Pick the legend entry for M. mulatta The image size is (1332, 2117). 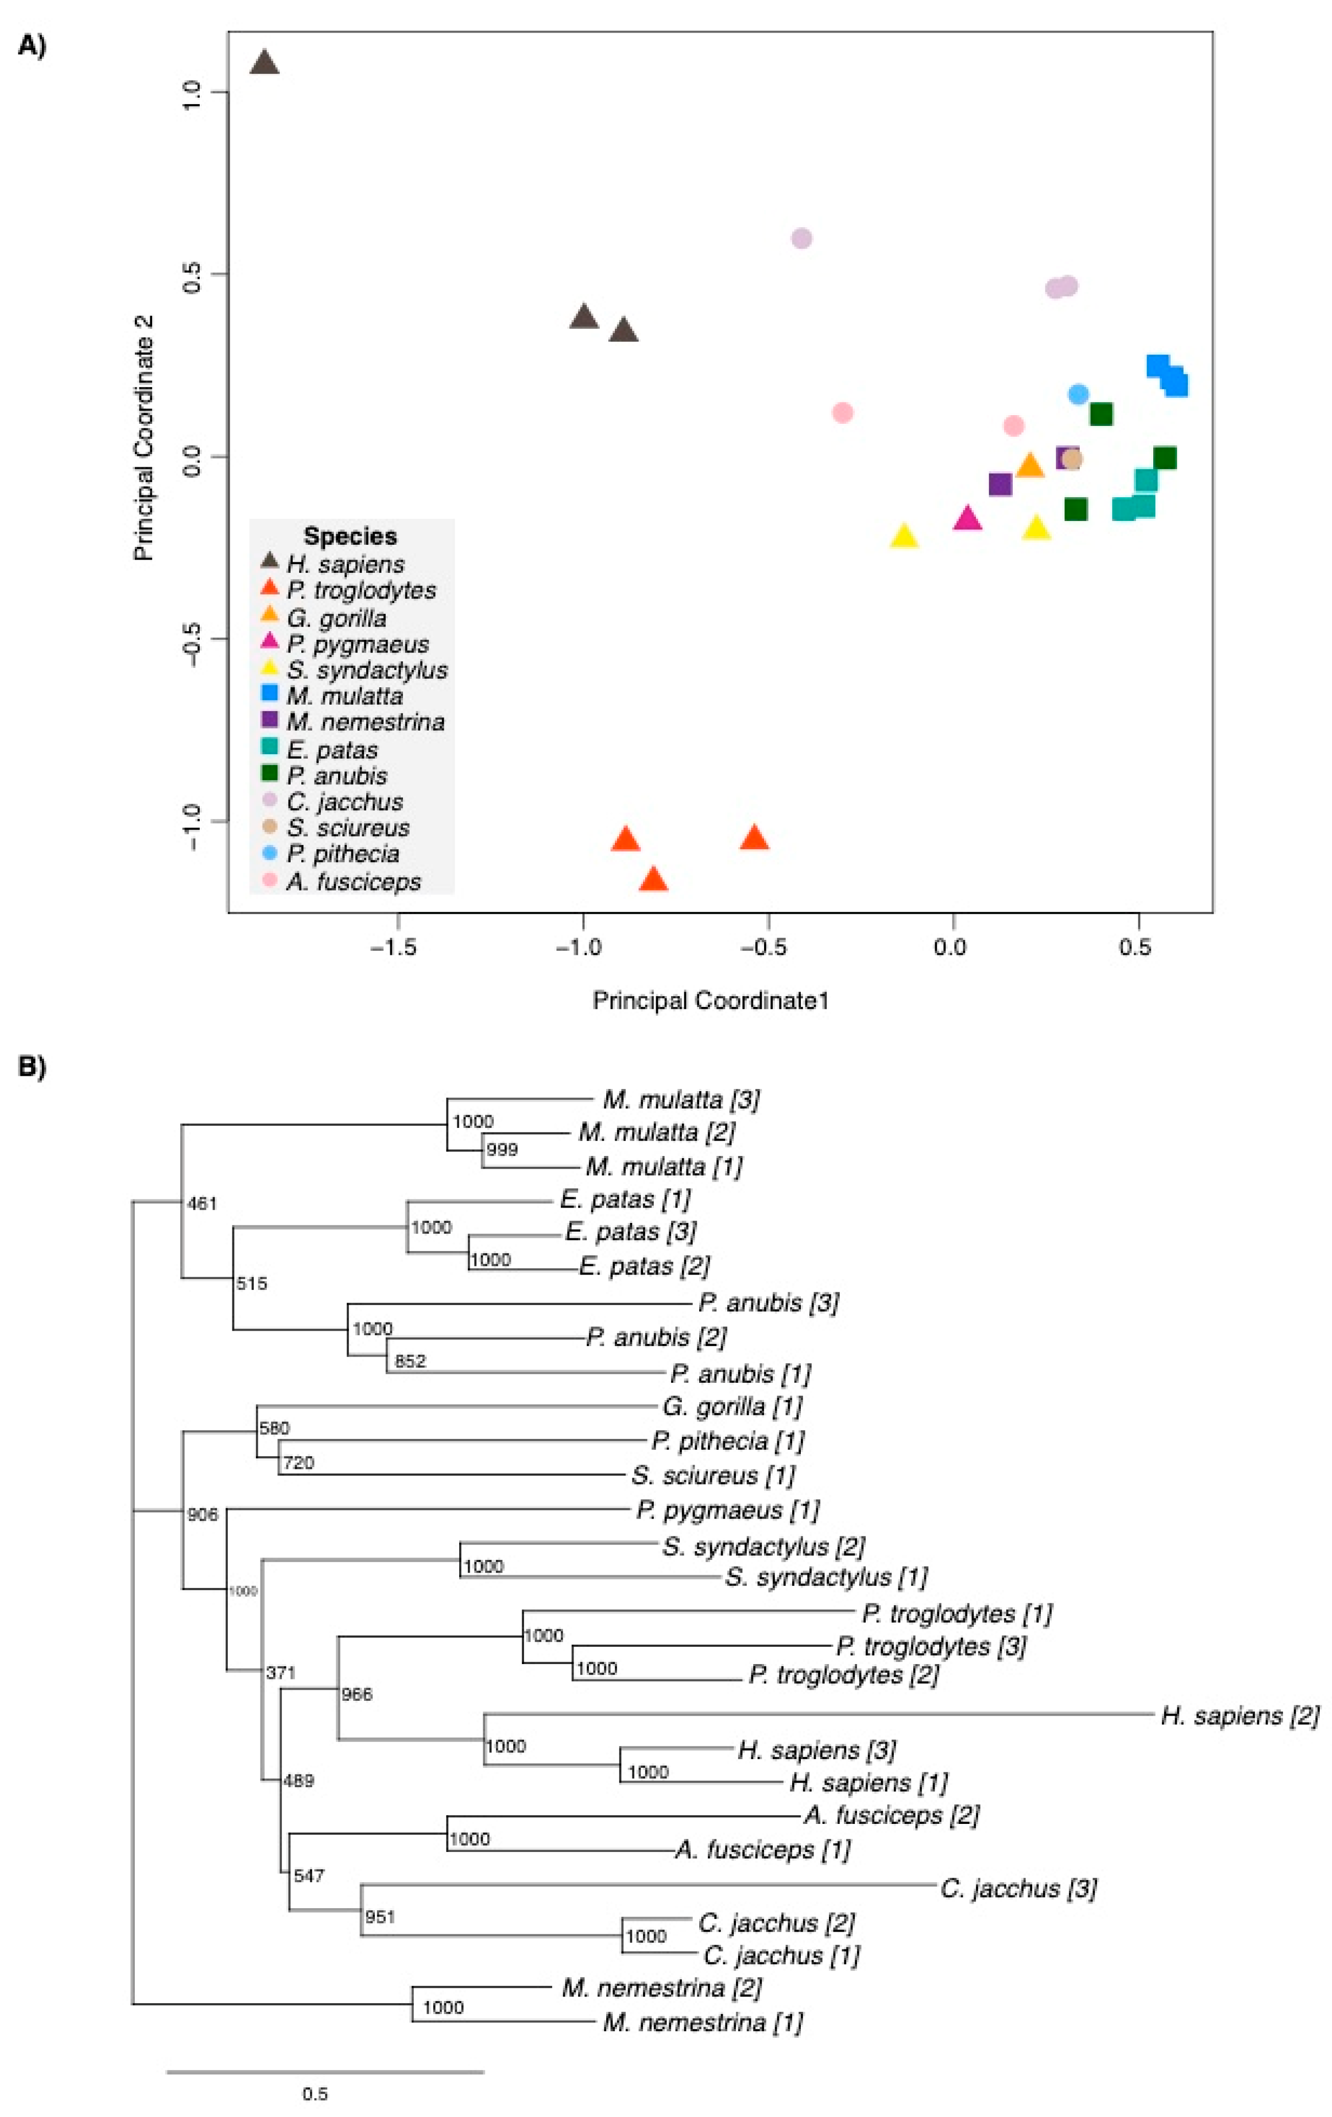[x=344, y=696]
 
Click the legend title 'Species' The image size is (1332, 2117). [x=350, y=536]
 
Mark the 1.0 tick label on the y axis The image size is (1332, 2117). [x=191, y=91]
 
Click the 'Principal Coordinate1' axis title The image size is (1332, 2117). [x=710, y=1000]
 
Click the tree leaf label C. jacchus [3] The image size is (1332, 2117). [x=1018, y=1888]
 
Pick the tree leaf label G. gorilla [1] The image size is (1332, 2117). [x=731, y=1407]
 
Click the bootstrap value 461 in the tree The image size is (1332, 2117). [x=202, y=1204]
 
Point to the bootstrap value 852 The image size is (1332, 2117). [x=410, y=1361]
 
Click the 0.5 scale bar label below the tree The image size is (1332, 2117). [x=315, y=2094]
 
